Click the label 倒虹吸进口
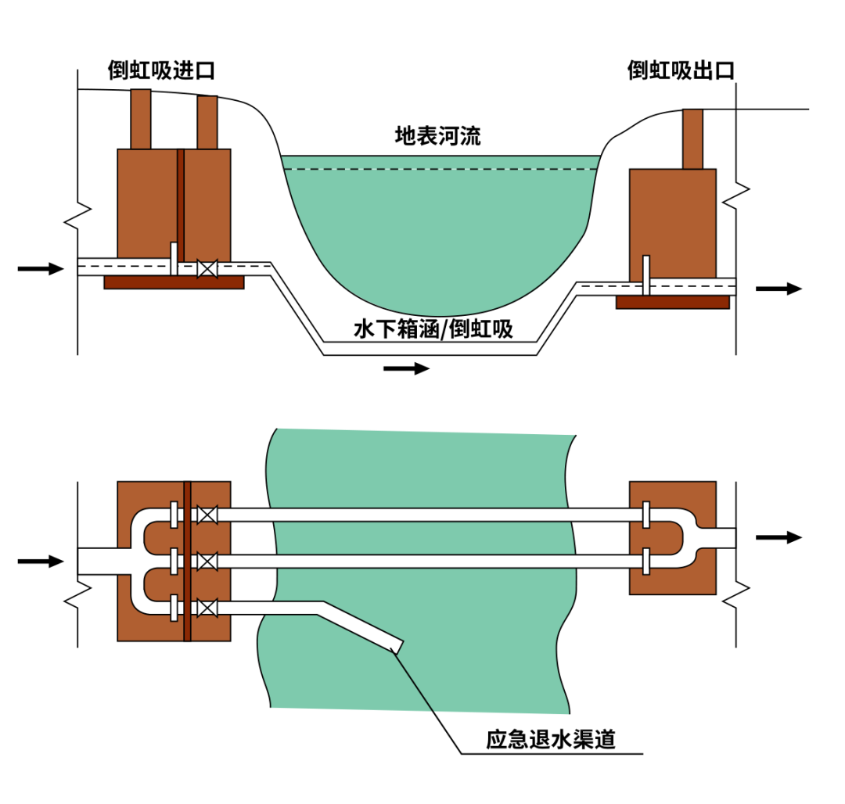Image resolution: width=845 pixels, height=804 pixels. click(161, 71)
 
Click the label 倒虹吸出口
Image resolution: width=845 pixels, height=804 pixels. click(681, 71)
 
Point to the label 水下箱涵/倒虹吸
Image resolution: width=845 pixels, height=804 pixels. click(433, 330)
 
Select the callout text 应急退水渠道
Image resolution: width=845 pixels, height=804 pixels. click(551, 740)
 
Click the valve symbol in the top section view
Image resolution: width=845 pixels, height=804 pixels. click(207, 268)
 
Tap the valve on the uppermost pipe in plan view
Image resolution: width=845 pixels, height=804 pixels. click(207, 515)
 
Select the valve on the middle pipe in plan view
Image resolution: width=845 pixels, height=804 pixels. click(207, 561)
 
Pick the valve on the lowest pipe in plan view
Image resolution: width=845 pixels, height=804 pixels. click(207, 608)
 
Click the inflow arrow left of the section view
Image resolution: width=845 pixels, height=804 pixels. click(40, 269)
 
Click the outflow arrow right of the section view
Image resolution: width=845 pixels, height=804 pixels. click(778, 289)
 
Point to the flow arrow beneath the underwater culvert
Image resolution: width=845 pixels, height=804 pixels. click(407, 368)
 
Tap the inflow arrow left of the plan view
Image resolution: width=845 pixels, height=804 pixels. click(40, 561)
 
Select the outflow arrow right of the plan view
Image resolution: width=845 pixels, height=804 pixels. click(778, 537)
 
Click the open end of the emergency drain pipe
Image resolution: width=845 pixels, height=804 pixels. click(397, 645)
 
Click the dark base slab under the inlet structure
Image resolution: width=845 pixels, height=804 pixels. click(174, 282)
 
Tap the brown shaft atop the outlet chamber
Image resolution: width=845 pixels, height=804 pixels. click(692, 139)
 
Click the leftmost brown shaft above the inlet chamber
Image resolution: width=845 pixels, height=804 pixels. click(140, 119)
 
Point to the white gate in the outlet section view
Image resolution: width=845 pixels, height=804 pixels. click(646, 275)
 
